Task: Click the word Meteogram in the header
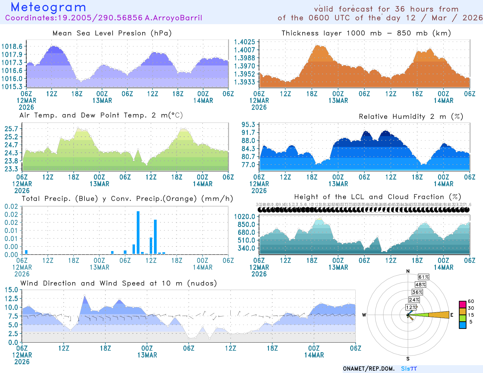tap(48, 7)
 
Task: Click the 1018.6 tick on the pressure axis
tap(12, 46)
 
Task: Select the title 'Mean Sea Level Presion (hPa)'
tap(112, 33)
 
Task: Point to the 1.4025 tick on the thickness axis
tap(245, 42)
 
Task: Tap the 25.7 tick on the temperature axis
tap(11, 129)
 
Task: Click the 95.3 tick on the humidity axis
tap(248, 125)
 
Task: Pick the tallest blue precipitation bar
tap(138, 232)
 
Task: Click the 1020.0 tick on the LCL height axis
tap(245, 216)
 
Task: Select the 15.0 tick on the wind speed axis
tap(11, 290)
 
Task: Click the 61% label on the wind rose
tap(424, 277)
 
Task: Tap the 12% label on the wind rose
tap(411, 308)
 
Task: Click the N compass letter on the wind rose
tap(408, 271)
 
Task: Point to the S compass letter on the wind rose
tap(408, 359)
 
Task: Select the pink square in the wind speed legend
tap(462, 304)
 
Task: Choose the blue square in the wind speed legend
tap(462, 325)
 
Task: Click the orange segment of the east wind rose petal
tap(439, 315)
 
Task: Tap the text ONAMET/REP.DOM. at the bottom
tap(369, 369)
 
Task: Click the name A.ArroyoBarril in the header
tap(173, 18)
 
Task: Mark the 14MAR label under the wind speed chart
tap(314, 355)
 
